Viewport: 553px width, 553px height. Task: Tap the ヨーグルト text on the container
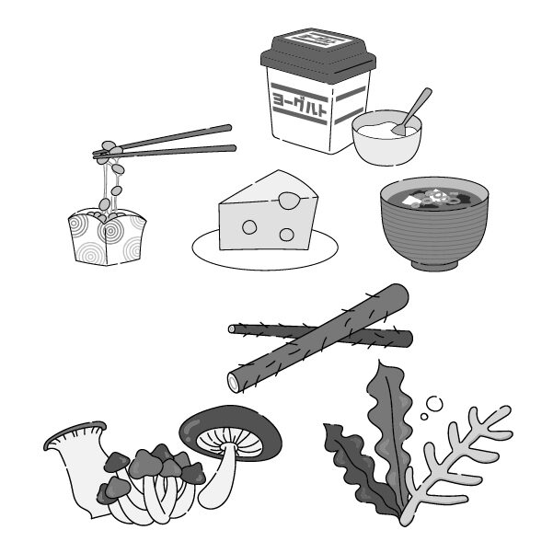(x=299, y=104)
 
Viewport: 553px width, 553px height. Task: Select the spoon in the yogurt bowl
(x=412, y=111)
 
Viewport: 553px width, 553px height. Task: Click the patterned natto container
(x=107, y=237)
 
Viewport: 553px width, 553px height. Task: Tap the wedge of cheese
(x=268, y=212)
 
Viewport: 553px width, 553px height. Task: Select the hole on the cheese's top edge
(x=289, y=201)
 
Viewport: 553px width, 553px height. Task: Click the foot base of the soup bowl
(x=434, y=265)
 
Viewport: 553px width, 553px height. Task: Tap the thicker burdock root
(x=318, y=338)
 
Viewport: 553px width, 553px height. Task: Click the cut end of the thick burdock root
(x=234, y=382)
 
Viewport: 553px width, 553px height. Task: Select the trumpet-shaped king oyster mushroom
(x=79, y=466)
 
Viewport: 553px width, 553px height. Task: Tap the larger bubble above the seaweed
(x=434, y=404)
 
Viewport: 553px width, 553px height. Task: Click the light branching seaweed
(x=455, y=466)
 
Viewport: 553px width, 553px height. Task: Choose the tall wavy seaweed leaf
(x=390, y=433)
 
